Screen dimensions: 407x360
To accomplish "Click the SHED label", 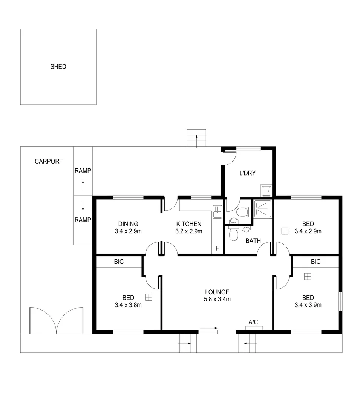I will (58, 67).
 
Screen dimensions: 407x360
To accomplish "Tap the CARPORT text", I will (49, 161).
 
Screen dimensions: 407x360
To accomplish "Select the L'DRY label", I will (247, 173).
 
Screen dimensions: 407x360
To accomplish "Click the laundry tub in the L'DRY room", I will (266, 191).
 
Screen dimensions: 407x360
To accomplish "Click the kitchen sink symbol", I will (217, 212).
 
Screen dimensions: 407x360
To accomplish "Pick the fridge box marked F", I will (217, 248).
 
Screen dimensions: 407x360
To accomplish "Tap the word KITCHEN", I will (188, 224).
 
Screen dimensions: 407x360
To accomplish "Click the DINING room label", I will (128, 224).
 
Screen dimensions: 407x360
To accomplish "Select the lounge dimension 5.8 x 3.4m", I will (217, 299).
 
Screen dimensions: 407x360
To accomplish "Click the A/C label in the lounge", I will (253, 322).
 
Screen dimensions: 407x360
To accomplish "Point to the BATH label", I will (253, 241).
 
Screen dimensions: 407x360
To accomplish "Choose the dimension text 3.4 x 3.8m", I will (128, 305).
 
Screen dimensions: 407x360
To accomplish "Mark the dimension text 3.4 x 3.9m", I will (308, 305).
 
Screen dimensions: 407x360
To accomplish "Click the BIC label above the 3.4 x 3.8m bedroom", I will (119, 262).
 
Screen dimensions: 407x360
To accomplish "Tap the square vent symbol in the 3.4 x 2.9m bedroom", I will (285, 231).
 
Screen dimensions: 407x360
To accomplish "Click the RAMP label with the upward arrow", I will (83, 171).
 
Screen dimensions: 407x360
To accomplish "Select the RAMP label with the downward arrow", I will (83, 220).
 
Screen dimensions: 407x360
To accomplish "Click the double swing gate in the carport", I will (56, 320).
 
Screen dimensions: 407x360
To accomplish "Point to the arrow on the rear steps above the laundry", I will (196, 141).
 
